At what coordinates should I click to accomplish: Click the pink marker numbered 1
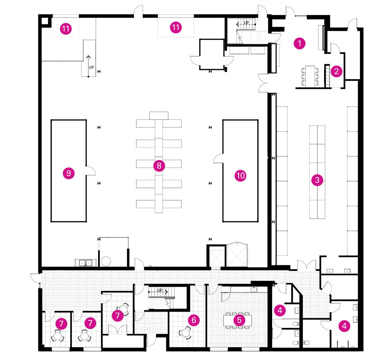(299, 43)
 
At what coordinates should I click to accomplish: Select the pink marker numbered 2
(336, 71)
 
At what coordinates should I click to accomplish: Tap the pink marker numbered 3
(317, 181)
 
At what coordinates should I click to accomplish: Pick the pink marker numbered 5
(239, 319)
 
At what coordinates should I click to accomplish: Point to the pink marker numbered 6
(194, 320)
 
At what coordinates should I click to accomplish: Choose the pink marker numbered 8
(159, 166)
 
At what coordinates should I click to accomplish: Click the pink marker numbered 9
(69, 173)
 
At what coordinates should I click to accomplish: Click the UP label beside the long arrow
(91, 67)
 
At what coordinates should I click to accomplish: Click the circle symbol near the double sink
(106, 261)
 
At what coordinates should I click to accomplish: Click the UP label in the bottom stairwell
(160, 290)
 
